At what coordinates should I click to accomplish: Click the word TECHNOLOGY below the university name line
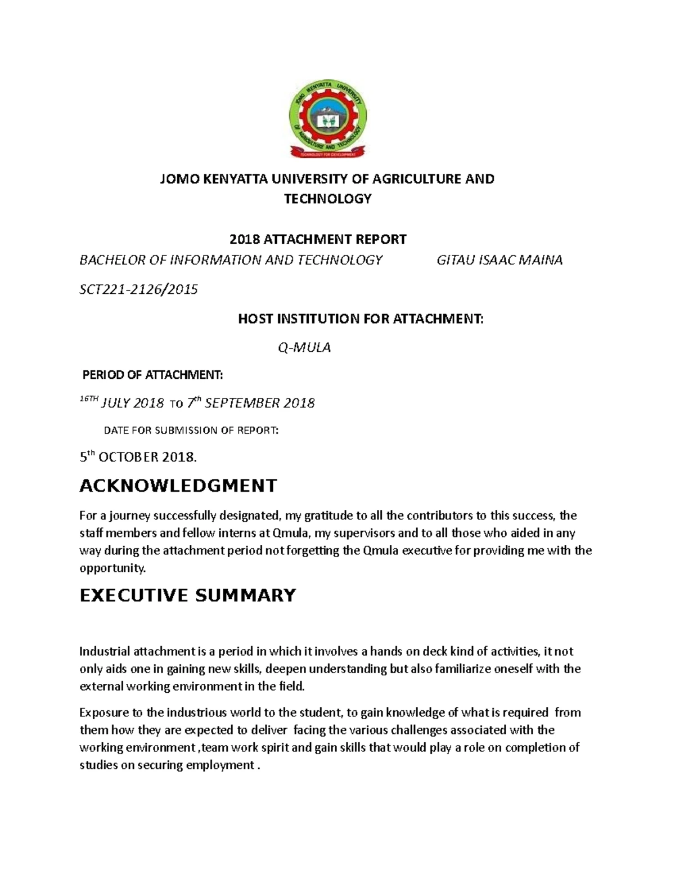(327, 199)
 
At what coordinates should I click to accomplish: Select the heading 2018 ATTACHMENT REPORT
(318, 239)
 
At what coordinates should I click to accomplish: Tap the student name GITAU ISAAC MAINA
(499, 260)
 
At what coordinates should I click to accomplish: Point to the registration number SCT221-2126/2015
(138, 289)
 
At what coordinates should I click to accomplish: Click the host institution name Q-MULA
(304, 347)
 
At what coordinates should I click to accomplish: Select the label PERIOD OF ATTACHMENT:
(152, 375)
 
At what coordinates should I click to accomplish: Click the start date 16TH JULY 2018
(121, 403)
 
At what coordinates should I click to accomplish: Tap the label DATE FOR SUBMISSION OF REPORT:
(191, 431)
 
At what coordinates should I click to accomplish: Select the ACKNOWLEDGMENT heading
(178, 486)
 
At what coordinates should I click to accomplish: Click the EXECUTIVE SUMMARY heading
(188, 595)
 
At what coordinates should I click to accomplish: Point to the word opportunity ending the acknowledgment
(112, 568)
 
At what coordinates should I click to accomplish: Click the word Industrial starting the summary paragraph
(105, 652)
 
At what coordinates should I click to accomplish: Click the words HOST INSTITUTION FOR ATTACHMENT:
(361, 319)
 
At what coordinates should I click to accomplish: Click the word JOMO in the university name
(175, 179)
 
